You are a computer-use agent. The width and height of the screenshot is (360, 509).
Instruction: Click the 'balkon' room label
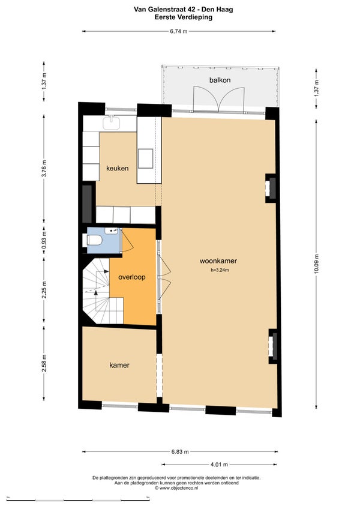(x=220, y=80)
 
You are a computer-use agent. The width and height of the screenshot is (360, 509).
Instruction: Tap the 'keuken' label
(x=118, y=168)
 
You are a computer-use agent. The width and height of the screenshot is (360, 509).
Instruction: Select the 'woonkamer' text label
(x=218, y=261)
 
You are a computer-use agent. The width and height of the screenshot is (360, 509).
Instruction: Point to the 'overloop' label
(x=132, y=277)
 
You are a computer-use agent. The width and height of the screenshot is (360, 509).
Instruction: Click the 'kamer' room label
(x=119, y=365)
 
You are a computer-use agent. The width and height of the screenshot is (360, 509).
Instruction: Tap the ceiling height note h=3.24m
(x=220, y=270)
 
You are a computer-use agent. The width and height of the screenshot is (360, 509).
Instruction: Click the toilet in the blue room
(x=93, y=240)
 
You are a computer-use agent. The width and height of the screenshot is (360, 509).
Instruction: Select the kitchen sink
(x=112, y=122)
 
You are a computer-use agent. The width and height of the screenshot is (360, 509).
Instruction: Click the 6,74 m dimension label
(x=179, y=31)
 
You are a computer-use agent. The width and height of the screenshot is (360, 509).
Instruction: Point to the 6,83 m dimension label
(x=180, y=451)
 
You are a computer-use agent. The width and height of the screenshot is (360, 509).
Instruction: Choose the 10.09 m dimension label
(x=317, y=264)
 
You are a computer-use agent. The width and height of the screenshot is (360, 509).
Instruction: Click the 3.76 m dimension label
(x=44, y=169)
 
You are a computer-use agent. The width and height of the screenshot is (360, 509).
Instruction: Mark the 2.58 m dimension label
(x=44, y=363)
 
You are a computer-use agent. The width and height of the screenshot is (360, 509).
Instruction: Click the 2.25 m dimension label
(x=44, y=289)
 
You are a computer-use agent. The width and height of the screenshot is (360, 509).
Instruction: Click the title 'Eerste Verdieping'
(x=184, y=17)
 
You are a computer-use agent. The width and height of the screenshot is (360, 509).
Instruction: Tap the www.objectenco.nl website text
(x=176, y=487)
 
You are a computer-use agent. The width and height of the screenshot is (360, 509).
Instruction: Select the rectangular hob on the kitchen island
(x=145, y=158)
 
